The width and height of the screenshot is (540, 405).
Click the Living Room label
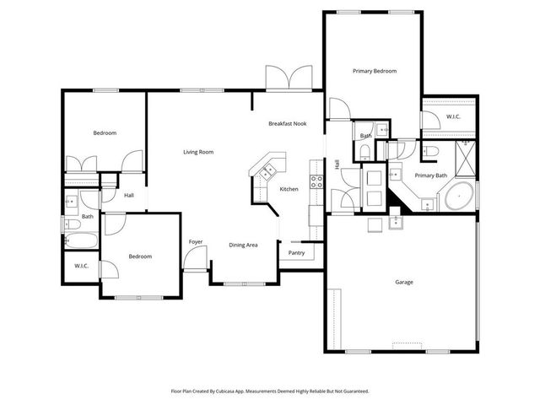(199, 153)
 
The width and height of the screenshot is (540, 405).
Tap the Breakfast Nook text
(287, 124)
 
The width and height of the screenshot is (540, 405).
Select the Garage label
(403, 282)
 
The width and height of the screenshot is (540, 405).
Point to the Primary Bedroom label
(375, 72)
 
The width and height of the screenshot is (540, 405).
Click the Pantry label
(297, 252)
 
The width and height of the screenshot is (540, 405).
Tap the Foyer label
(196, 241)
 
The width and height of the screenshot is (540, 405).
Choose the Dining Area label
(243, 245)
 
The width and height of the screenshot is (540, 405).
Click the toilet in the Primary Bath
(430, 150)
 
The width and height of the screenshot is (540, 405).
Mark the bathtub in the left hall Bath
(81, 240)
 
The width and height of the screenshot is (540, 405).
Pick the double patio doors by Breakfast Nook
(289, 78)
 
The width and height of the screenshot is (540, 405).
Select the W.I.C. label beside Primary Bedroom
(452, 117)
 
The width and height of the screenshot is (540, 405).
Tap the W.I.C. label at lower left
(81, 266)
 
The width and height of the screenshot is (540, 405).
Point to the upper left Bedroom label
(105, 133)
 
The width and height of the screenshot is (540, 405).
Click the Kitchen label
(289, 189)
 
